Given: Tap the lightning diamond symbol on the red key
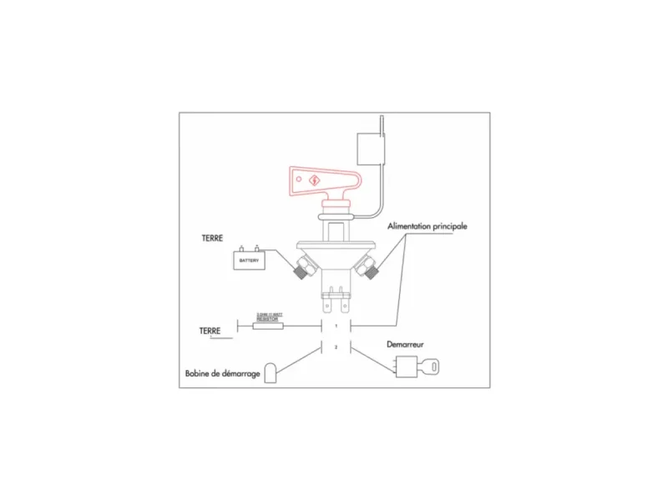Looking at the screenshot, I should [x=313, y=180].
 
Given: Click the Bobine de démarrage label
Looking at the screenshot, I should [x=221, y=373].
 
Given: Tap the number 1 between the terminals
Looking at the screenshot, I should [x=336, y=325].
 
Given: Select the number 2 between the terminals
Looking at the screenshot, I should [x=336, y=347].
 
